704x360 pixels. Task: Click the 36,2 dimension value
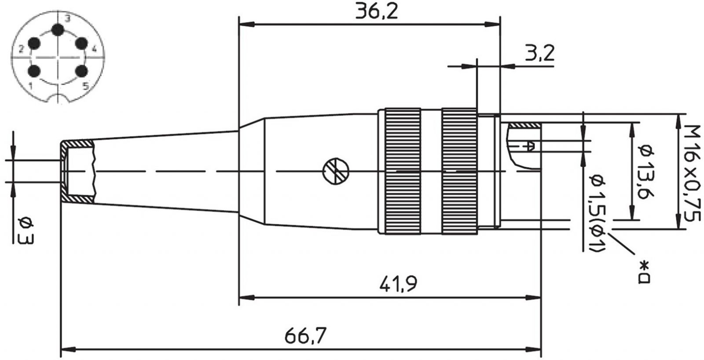pos(377,11)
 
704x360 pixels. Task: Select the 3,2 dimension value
pos(539,53)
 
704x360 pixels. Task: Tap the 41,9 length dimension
pos(398,283)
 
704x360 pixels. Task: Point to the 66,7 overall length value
pos(305,335)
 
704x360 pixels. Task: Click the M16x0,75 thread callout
pos(692,173)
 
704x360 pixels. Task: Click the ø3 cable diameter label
pos(26,231)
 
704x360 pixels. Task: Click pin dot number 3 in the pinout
pos(58,30)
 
